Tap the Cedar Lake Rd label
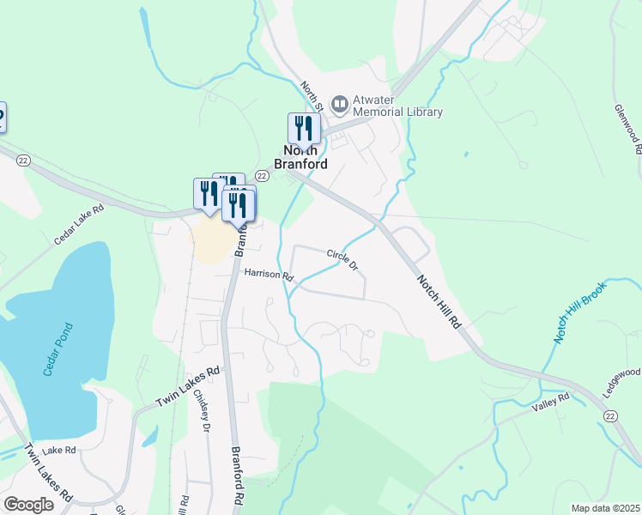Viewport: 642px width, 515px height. click(79, 226)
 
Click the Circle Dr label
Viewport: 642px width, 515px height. click(342, 258)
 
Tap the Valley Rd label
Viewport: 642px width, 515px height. click(550, 403)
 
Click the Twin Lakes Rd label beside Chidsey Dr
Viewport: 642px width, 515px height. click(188, 387)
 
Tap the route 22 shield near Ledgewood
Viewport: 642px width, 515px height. click(610, 415)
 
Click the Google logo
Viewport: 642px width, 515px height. click(28, 505)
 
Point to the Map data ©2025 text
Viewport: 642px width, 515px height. click(604, 508)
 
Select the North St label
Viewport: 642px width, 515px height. click(312, 96)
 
